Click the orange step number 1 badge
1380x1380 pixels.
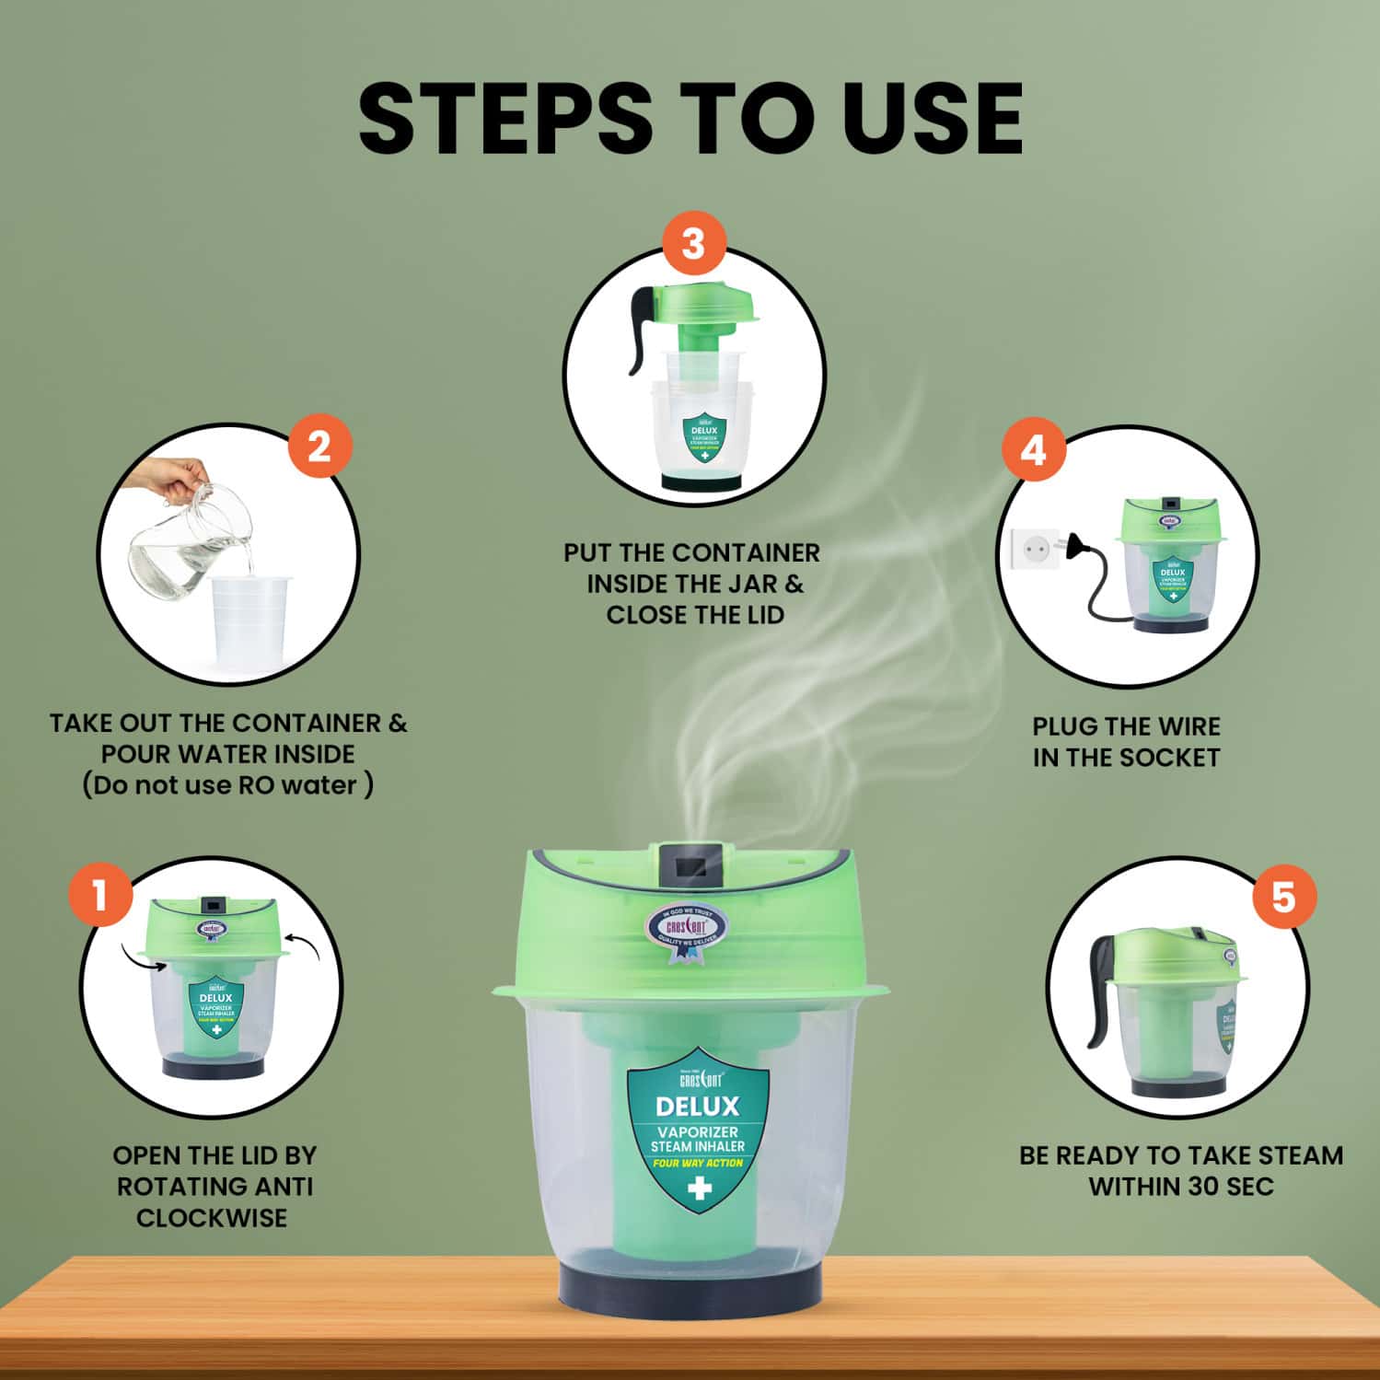pyautogui.click(x=100, y=893)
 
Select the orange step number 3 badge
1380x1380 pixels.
pyautogui.click(x=693, y=244)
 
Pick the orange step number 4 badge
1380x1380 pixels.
pyautogui.click(x=1033, y=451)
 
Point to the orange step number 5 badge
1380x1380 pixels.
pyautogui.click(x=1283, y=897)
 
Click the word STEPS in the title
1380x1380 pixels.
pyautogui.click(x=516, y=120)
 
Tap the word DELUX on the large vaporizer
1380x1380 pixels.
pyautogui.click(x=697, y=1106)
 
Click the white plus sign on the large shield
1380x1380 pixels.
pyautogui.click(x=699, y=1189)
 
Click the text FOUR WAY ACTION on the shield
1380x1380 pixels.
pyautogui.click(x=697, y=1163)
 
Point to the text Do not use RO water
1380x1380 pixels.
pyautogui.click(x=227, y=785)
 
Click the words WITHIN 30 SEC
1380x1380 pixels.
pyautogui.click(x=1180, y=1186)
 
